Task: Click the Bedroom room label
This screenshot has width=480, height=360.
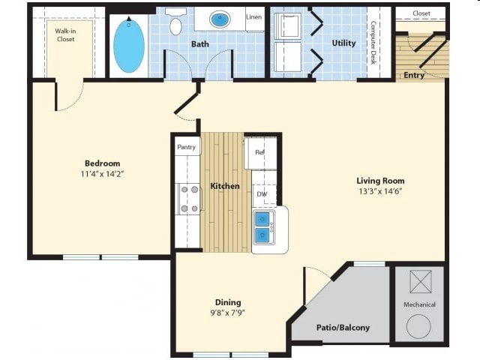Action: pyautogui.click(x=102, y=163)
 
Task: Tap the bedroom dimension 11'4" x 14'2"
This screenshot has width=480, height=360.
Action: pyautogui.click(x=102, y=174)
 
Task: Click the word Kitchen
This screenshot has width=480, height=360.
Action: pyautogui.click(x=224, y=186)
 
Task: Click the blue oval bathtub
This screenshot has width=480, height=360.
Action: pyautogui.click(x=128, y=44)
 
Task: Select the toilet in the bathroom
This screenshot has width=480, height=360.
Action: pyautogui.click(x=175, y=25)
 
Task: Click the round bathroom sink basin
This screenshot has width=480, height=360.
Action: pyautogui.click(x=220, y=19)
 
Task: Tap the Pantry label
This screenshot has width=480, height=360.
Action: pyautogui.click(x=186, y=147)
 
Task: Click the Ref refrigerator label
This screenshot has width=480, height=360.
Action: pyautogui.click(x=259, y=152)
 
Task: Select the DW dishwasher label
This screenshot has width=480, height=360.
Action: pyautogui.click(x=262, y=194)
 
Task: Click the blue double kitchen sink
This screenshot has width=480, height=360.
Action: pyautogui.click(x=262, y=227)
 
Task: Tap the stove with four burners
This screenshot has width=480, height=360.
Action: pyautogui.click(x=188, y=199)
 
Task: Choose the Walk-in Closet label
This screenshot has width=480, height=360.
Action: pyautogui.click(x=64, y=34)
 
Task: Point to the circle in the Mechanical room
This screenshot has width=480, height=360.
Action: pyautogui.click(x=418, y=326)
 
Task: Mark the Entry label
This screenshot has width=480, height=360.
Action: pyautogui.click(x=414, y=75)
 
